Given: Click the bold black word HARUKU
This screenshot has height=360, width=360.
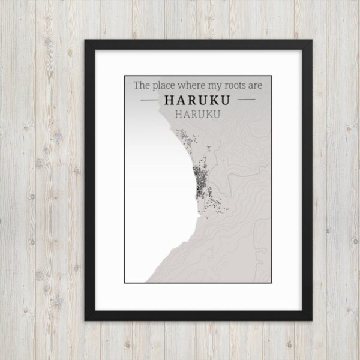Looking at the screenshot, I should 197,100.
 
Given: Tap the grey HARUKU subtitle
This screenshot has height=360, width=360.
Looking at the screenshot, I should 197,113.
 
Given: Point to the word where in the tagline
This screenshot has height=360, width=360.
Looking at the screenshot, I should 194,86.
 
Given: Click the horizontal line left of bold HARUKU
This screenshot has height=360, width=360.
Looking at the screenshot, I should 149,100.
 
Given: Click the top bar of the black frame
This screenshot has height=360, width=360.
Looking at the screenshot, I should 198,44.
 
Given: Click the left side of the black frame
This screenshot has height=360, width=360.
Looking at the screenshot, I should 89,180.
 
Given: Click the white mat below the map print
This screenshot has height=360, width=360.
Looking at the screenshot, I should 198,297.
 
